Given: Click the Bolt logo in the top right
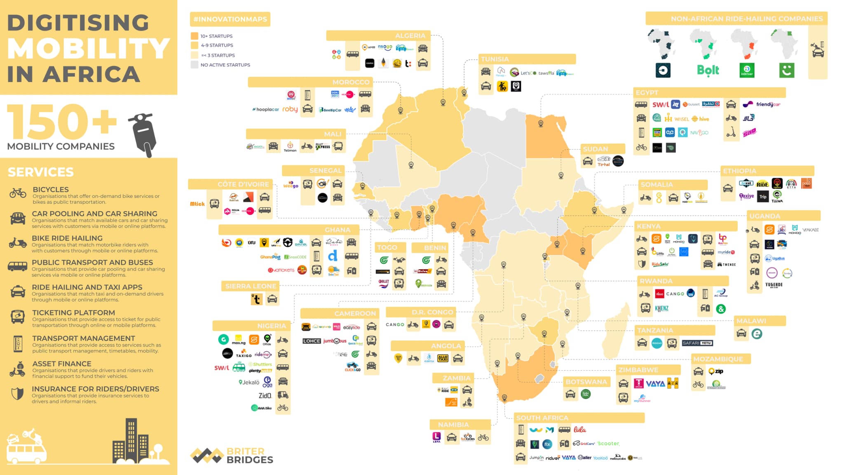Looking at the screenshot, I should pyautogui.click(x=708, y=70).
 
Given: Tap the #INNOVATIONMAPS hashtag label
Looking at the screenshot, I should pyautogui.click(x=230, y=19).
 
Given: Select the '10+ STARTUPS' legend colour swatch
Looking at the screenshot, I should pyautogui.click(x=195, y=36).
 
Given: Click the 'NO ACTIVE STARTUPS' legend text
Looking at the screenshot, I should pyautogui.click(x=225, y=65).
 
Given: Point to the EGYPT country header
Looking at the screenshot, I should pyautogui.click(x=647, y=93).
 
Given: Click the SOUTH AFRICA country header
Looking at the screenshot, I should pyautogui.click(x=542, y=418).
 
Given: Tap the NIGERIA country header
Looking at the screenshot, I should pyautogui.click(x=271, y=326).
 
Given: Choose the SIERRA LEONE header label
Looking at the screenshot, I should pyautogui.click(x=251, y=286).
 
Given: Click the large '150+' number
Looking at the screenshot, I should pyautogui.click(x=62, y=122).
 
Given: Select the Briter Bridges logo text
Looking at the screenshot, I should pyautogui.click(x=249, y=456).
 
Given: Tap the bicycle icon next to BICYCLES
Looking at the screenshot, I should pyautogui.click(x=18, y=193).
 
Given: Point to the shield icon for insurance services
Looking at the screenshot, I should pyautogui.click(x=17, y=394).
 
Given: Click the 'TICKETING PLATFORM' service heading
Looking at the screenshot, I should pyautogui.click(x=73, y=313).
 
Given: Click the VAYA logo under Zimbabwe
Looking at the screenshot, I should pyautogui.click(x=655, y=384).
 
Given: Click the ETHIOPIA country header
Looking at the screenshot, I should pyautogui.click(x=739, y=171).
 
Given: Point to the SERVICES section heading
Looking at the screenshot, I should pyautogui.click(x=40, y=172).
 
